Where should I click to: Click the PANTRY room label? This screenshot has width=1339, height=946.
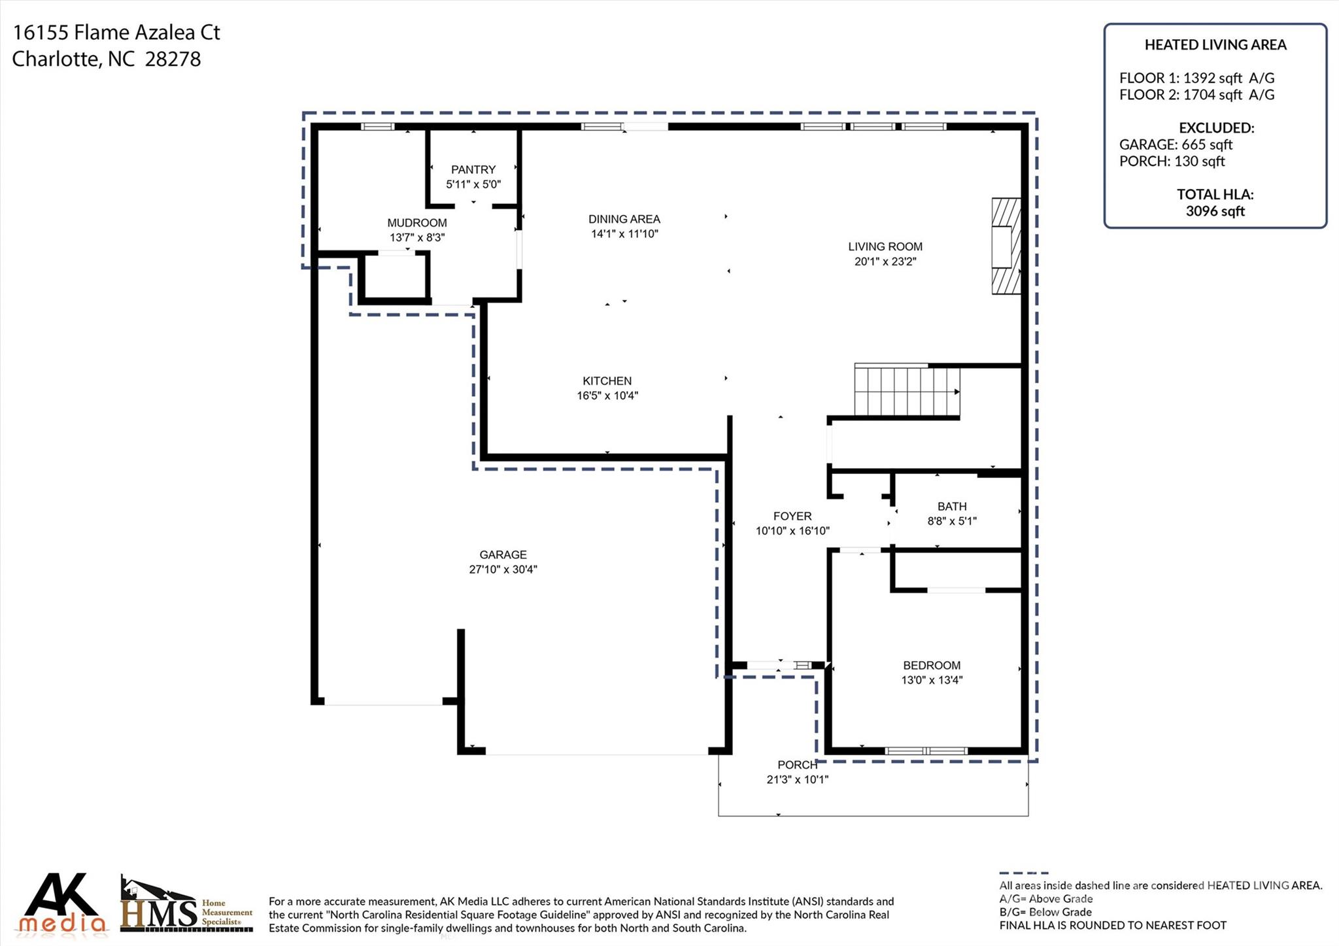tap(473, 169)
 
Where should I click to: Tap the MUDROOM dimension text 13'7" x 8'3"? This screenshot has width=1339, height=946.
tap(417, 237)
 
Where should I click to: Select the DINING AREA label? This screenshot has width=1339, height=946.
tap(624, 219)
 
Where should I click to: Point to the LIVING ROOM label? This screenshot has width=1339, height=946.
tap(885, 246)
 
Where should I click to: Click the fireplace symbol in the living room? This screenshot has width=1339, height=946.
tap(1006, 246)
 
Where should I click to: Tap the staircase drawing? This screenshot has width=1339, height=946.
tap(906, 392)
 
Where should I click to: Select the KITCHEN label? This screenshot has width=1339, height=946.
tap(607, 380)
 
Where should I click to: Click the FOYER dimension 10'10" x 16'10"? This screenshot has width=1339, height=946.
tap(792, 531)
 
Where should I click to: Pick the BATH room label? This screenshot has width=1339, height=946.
tap(951, 506)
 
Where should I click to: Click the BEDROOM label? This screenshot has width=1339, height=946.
tap(931, 665)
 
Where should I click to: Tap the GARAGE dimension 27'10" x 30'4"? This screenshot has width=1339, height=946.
tap(503, 569)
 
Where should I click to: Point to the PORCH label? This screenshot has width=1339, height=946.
tap(797, 765)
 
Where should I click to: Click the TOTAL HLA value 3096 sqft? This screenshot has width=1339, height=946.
tap(1215, 211)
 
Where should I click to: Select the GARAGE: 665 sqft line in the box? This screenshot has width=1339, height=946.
tap(1175, 144)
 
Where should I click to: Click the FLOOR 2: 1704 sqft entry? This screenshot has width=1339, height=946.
tap(1196, 95)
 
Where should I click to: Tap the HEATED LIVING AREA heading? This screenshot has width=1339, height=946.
tap(1215, 45)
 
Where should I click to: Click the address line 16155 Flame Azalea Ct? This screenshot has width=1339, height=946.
tap(116, 32)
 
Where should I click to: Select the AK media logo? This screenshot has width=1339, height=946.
tap(62, 903)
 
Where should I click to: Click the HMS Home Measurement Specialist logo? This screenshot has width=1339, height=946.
tap(186, 905)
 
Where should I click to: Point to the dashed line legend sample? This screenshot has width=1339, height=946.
tap(1023, 873)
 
